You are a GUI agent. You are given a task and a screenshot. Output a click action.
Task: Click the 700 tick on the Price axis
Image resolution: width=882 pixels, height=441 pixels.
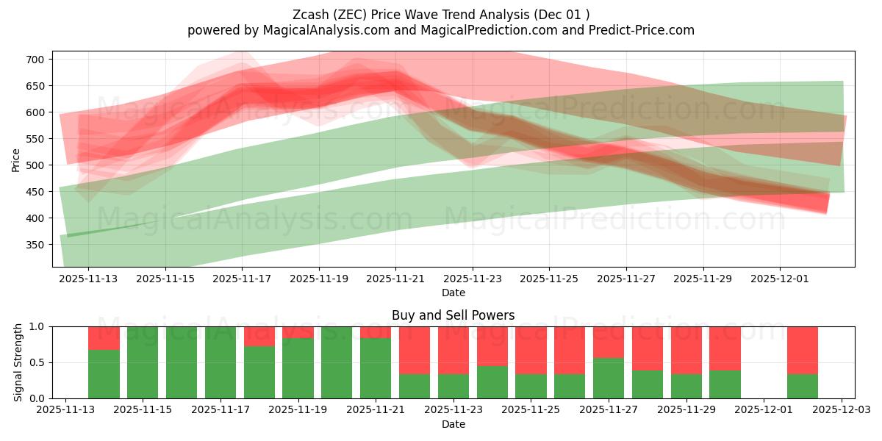click(x=38, y=60)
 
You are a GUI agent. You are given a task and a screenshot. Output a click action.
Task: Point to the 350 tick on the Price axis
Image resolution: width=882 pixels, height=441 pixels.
click(x=38, y=245)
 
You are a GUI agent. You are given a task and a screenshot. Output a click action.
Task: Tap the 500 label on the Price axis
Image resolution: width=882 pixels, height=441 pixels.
click(x=38, y=165)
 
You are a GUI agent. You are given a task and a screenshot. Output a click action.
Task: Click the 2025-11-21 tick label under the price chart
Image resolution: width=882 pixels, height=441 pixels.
click(x=395, y=279)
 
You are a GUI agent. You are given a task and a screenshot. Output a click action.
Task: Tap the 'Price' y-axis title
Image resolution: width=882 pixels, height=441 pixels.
click(x=16, y=159)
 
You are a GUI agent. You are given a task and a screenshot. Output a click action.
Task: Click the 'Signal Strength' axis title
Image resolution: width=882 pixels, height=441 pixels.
click(x=18, y=362)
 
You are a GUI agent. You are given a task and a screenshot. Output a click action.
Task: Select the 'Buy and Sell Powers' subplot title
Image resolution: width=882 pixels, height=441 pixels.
click(x=453, y=315)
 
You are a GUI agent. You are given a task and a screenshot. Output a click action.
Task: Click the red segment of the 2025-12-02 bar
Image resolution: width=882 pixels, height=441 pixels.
click(x=803, y=350)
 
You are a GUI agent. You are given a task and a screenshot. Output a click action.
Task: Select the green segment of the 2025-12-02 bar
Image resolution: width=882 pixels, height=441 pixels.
click(x=803, y=386)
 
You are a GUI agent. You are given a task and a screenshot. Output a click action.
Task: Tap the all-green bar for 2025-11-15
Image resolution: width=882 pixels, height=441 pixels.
click(x=143, y=362)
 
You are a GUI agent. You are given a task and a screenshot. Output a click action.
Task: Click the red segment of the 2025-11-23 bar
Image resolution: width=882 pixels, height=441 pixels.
click(x=453, y=350)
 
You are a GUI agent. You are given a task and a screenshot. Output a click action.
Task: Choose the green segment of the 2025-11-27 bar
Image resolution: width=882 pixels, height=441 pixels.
click(x=609, y=378)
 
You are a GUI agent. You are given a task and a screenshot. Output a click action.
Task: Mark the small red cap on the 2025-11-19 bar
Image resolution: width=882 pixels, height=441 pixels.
click(x=298, y=332)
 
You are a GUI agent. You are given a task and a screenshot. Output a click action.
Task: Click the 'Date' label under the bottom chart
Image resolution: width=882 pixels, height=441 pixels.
click(x=453, y=424)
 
